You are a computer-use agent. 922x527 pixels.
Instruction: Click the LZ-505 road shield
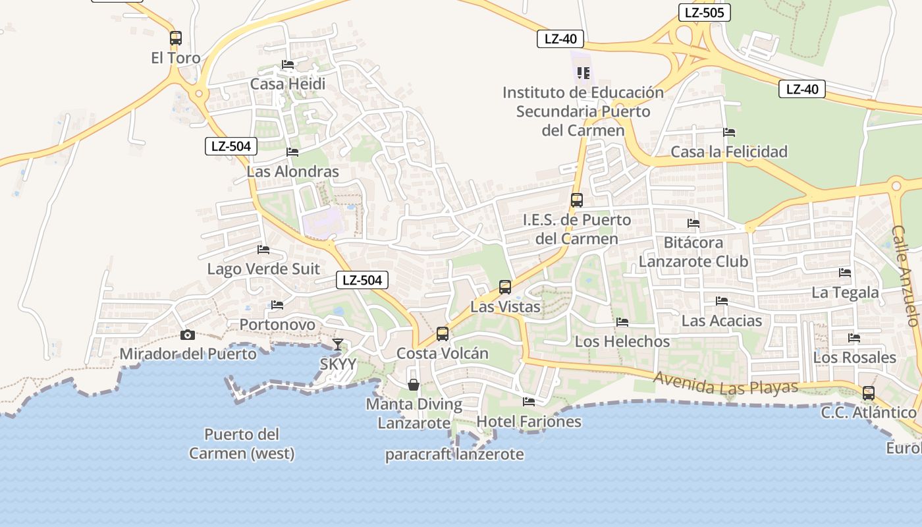704,13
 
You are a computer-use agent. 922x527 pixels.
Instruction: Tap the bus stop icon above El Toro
175,38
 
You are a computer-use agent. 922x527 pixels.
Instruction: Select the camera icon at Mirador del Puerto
188,335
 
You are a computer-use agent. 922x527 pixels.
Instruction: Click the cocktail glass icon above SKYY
338,344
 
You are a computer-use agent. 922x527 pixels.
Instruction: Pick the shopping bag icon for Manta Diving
414,384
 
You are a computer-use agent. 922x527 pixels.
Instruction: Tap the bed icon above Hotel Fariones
528,401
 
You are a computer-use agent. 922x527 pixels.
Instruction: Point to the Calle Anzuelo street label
905,276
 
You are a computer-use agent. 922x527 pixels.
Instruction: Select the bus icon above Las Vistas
505,287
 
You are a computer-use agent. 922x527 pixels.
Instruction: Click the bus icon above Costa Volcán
443,334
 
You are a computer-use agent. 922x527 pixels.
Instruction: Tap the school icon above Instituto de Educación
583,72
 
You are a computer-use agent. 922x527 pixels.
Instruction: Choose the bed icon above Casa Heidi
288,65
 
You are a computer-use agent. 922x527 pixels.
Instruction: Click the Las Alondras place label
292,172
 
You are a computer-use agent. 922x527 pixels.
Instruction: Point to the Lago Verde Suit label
263,269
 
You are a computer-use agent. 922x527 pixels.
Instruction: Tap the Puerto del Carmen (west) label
242,444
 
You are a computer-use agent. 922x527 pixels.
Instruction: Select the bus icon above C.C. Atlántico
869,393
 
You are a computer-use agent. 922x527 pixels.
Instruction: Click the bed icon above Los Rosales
854,338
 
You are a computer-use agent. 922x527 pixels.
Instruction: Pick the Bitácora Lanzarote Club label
693,252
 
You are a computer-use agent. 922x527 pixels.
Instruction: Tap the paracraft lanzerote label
454,454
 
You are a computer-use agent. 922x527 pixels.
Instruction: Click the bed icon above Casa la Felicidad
728,132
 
